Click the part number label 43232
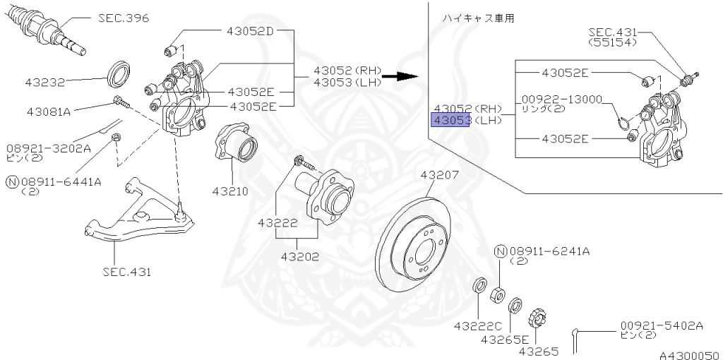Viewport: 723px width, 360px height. click(x=45, y=82)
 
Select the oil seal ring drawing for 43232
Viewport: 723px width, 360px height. click(x=119, y=73)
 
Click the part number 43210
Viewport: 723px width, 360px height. click(x=229, y=191)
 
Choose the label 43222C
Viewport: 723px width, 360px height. click(x=477, y=325)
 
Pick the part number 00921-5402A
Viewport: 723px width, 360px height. click(x=662, y=325)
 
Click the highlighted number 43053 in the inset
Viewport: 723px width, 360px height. click(x=451, y=121)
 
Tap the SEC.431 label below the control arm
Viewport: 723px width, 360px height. click(x=126, y=271)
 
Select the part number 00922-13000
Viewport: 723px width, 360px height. click(x=562, y=100)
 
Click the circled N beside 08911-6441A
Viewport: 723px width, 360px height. click(x=11, y=181)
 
